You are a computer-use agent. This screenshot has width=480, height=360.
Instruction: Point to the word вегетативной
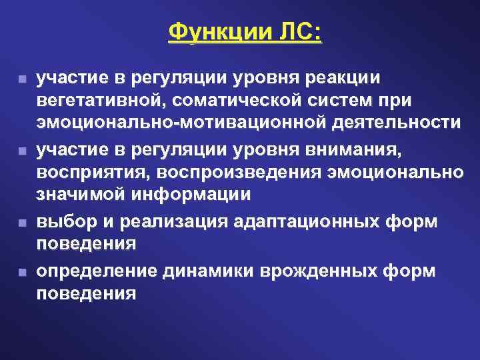click(103, 101)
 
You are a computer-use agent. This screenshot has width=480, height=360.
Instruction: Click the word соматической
click(249, 101)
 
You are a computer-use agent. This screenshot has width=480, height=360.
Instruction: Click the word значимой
click(83, 195)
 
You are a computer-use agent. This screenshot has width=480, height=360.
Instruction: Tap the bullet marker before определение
click(23, 273)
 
